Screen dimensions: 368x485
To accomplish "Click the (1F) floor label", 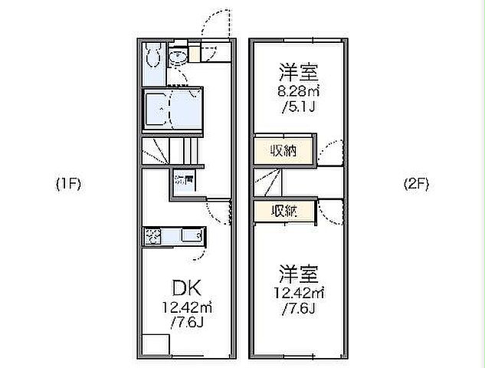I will click(68, 184).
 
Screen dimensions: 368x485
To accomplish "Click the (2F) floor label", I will click(416, 184).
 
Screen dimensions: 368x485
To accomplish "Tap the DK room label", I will click(185, 289).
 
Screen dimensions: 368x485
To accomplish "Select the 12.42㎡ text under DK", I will click(185, 307).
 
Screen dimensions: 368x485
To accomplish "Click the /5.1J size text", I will click(298, 106).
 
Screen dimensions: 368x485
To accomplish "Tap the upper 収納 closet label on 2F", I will click(284, 151).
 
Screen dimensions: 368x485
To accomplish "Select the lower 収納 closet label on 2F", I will click(284, 211).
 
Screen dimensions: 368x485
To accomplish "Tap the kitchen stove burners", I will click(152, 236).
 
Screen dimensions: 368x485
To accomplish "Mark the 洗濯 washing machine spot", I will click(184, 182).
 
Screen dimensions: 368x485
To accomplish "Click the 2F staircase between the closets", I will click(269, 182).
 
